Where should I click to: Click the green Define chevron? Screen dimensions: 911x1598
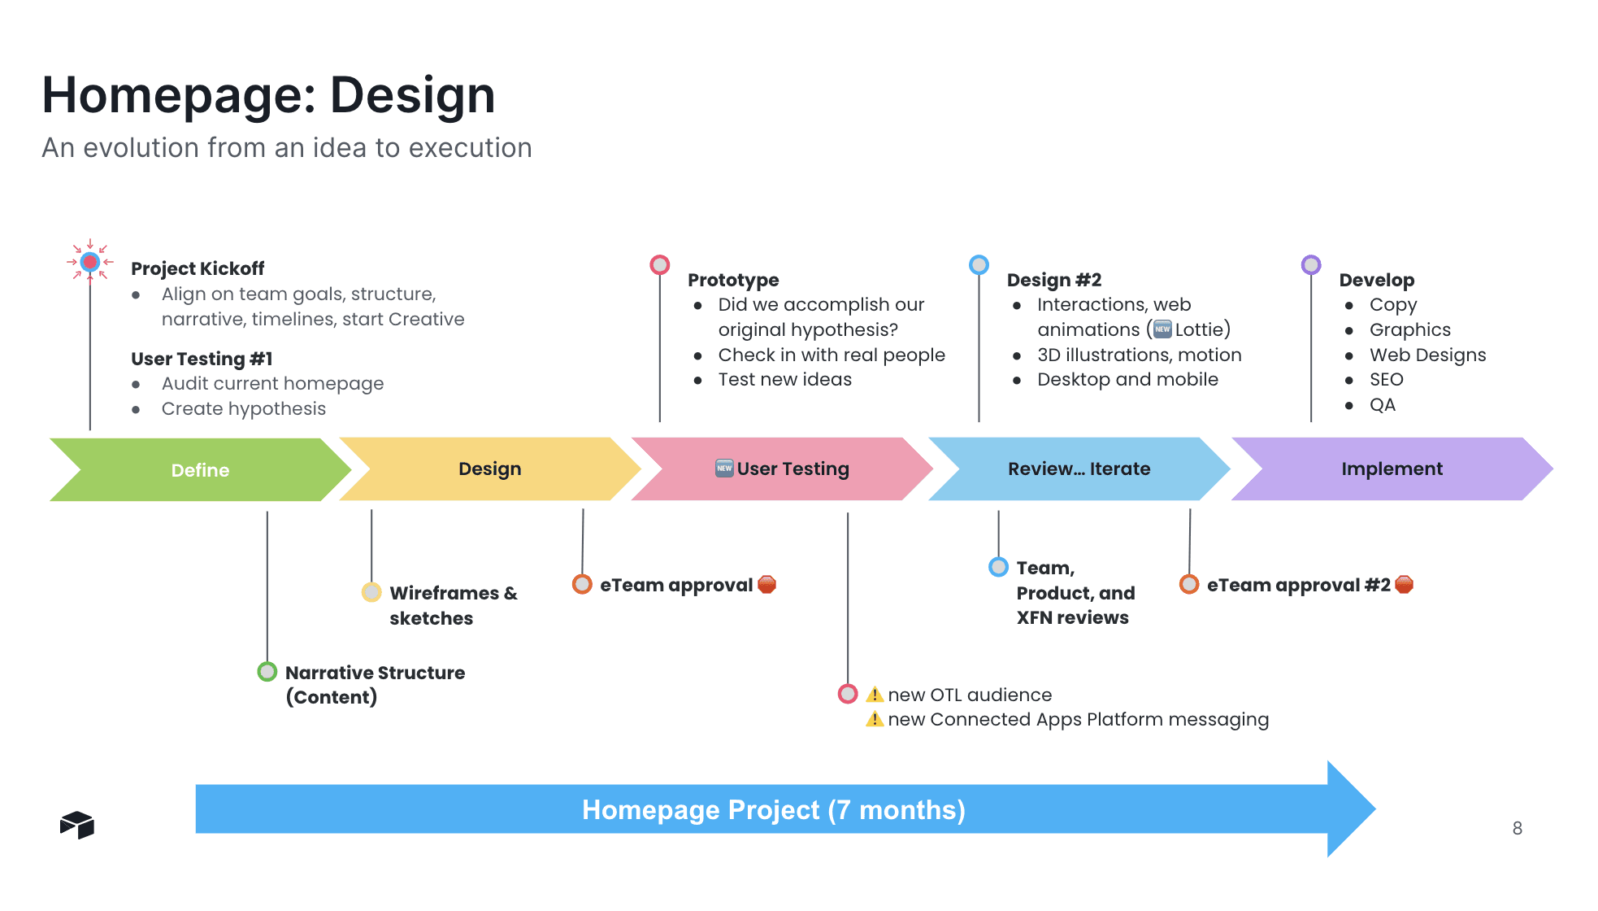pos(199,470)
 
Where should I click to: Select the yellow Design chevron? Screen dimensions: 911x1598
pos(489,469)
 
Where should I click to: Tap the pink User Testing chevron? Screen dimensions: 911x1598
pos(782,469)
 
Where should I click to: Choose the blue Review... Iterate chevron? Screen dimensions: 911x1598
pos(1079,469)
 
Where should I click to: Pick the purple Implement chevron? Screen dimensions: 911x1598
pos(1392,469)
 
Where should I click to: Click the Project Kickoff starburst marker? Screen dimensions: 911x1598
pos(90,262)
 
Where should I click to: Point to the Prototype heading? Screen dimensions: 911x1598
pos(733,280)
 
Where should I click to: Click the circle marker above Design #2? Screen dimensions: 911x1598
pos(979,264)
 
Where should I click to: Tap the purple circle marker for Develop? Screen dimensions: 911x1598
pos(1311,264)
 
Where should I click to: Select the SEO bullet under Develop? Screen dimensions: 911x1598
pos(1386,380)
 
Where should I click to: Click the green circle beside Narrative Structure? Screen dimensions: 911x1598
pos(267,672)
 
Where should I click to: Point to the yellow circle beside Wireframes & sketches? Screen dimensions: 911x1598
pos(371,592)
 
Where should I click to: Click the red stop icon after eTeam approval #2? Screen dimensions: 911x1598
pos(1404,585)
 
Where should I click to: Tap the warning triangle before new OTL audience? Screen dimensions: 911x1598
pos(875,695)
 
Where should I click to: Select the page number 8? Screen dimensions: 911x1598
pos(1517,828)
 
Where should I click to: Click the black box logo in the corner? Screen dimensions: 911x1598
pos(77,825)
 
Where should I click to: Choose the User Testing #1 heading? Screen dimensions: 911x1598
pos(202,359)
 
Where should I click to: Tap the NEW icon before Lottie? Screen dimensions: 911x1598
pos(1163,329)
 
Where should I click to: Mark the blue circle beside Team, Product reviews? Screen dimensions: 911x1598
pos(998,567)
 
